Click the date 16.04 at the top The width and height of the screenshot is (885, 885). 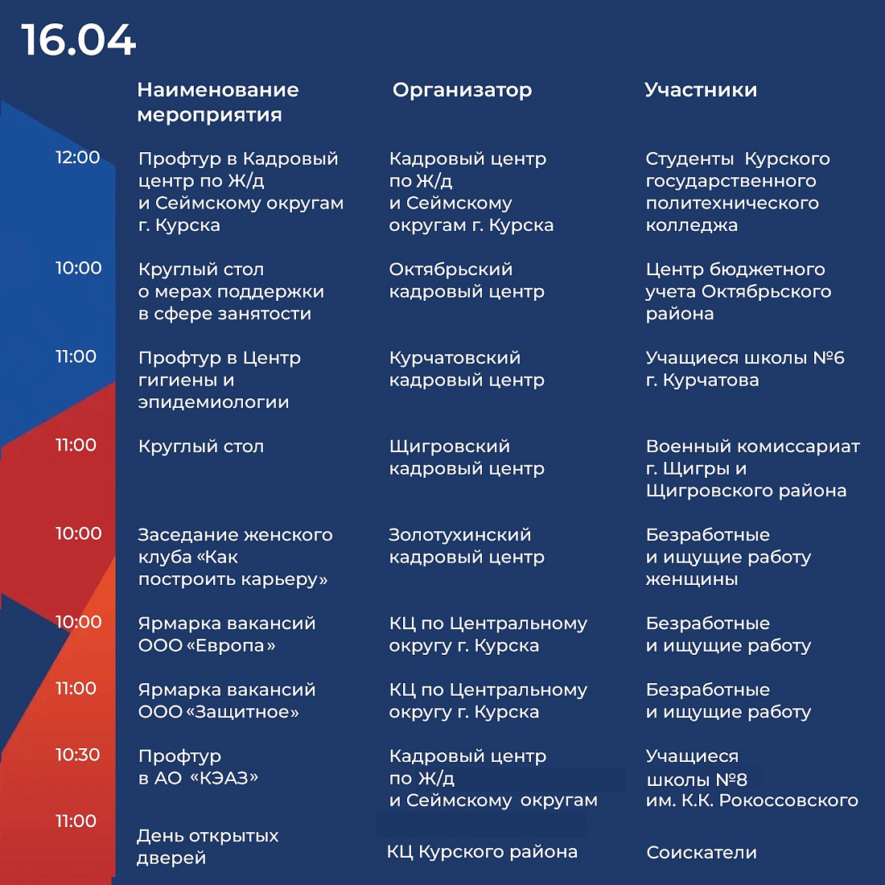point(79,40)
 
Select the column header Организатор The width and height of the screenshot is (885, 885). point(462,90)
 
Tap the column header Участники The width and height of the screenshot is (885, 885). point(700,90)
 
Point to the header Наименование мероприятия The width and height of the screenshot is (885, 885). point(217,102)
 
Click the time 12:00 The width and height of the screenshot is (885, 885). point(77,158)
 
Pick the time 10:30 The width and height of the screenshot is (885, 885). point(77,755)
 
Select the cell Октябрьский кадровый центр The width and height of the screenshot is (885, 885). point(467,281)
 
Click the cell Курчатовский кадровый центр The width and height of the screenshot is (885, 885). point(467,369)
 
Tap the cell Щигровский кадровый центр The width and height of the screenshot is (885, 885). point(467,458)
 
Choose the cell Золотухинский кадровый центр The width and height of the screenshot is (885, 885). point(467,546)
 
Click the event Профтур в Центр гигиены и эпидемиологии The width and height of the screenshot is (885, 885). point(219,380)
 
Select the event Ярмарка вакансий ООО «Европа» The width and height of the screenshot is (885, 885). point(226,635)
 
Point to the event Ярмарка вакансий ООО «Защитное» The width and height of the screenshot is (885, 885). point(226,701)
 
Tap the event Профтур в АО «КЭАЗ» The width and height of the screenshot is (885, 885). point(198,768)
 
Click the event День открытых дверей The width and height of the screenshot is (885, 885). point(208,847)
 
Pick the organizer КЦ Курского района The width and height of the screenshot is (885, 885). point(482,852)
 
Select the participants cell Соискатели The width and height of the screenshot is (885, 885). point(702,853)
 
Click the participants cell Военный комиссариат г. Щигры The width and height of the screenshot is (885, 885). point(752,468)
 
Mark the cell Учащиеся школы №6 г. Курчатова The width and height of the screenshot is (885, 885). point(744,369)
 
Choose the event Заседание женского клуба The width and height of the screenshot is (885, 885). point(234,557)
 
